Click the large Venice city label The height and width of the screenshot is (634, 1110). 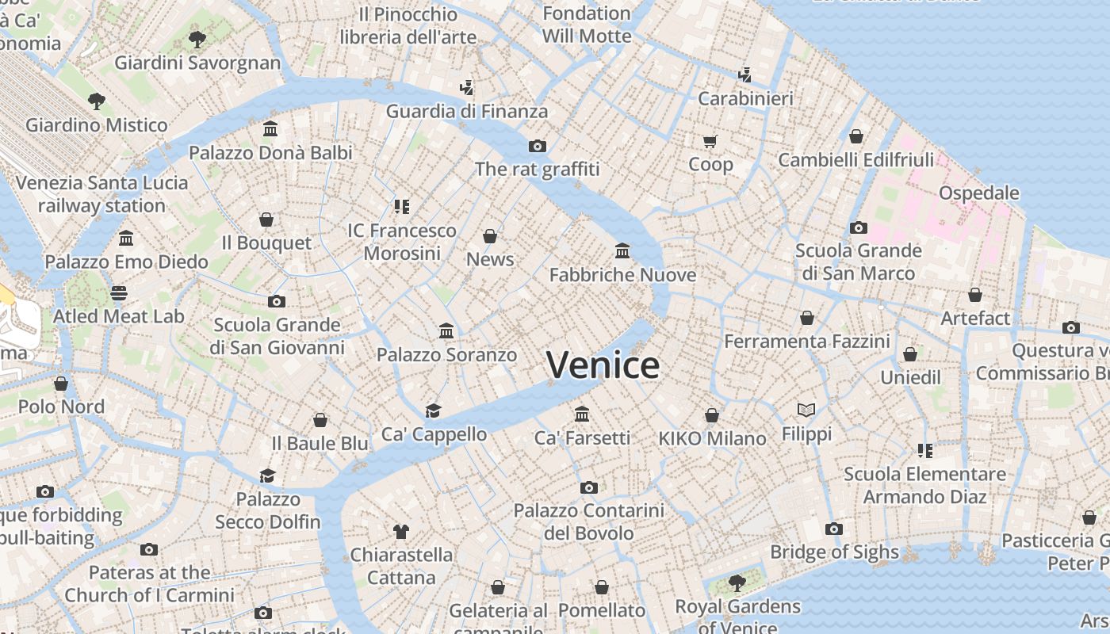(603, 365)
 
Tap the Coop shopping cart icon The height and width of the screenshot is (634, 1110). (710, 142)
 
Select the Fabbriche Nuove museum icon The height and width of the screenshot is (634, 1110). (622, 251)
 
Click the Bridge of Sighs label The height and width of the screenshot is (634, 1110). (834, 552)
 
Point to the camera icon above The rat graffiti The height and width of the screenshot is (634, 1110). (538, 146)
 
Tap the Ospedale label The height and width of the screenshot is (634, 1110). (978, 193)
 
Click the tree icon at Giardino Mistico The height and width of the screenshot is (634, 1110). (97, 101)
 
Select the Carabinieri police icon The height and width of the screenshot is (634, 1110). (744, 75)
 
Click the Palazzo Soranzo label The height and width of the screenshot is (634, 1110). (446, 355)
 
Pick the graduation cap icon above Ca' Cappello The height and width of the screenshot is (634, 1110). (433, 411)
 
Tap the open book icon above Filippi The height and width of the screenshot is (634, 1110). (806, 410)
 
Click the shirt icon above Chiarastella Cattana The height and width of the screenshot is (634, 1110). (400, 531)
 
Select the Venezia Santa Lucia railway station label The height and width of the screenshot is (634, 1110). (101, 194)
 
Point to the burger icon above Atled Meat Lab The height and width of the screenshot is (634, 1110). (119, 293)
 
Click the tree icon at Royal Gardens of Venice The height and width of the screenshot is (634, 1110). (737, 583)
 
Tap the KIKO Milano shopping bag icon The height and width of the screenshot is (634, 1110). (712, 415)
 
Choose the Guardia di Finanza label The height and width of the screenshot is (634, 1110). (466, 112)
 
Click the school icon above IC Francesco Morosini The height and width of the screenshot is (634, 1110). (402, 207)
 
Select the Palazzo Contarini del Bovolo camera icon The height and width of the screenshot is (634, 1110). (588, 487)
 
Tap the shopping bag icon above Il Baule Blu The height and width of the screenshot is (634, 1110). (320, 420)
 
